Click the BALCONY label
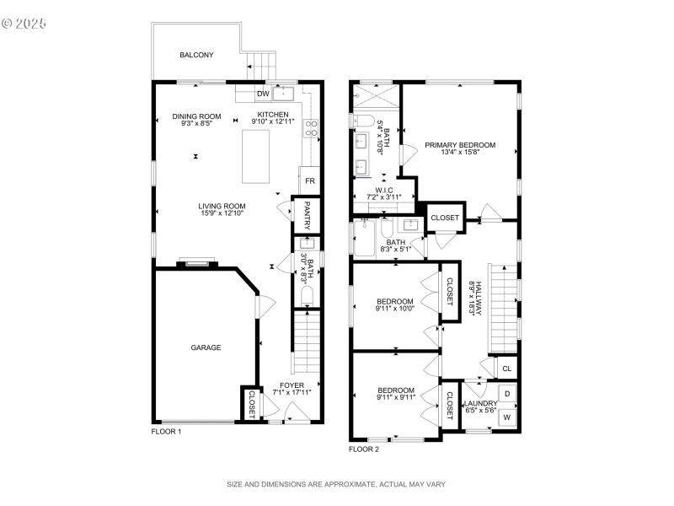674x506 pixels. pyautogui.click(x=196, y=55)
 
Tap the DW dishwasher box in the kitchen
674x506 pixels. pyautogui.click(x=262, y=94)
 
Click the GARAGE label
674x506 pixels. pyautogui.click(x=205, y=347)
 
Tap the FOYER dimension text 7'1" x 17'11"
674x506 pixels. pyautogui.click(x=292, y=392)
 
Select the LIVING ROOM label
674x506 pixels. pyautogui.click(x=222, y=206)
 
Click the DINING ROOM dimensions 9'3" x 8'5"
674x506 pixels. pyautogui.click(x=196, y=124)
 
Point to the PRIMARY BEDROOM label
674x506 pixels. pyautogui.click(x=459, y=145)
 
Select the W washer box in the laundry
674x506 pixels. pyautogui.click(x=507, y=417)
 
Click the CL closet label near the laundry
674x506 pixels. pyautogui.click(x=507, y=369)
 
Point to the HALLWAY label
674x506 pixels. pyautogui.click(x=477, y=298)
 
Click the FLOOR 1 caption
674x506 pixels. pyautogui.click(x=166, y=431)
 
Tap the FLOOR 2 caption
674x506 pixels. pyautogui.click(x=364, y=449)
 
